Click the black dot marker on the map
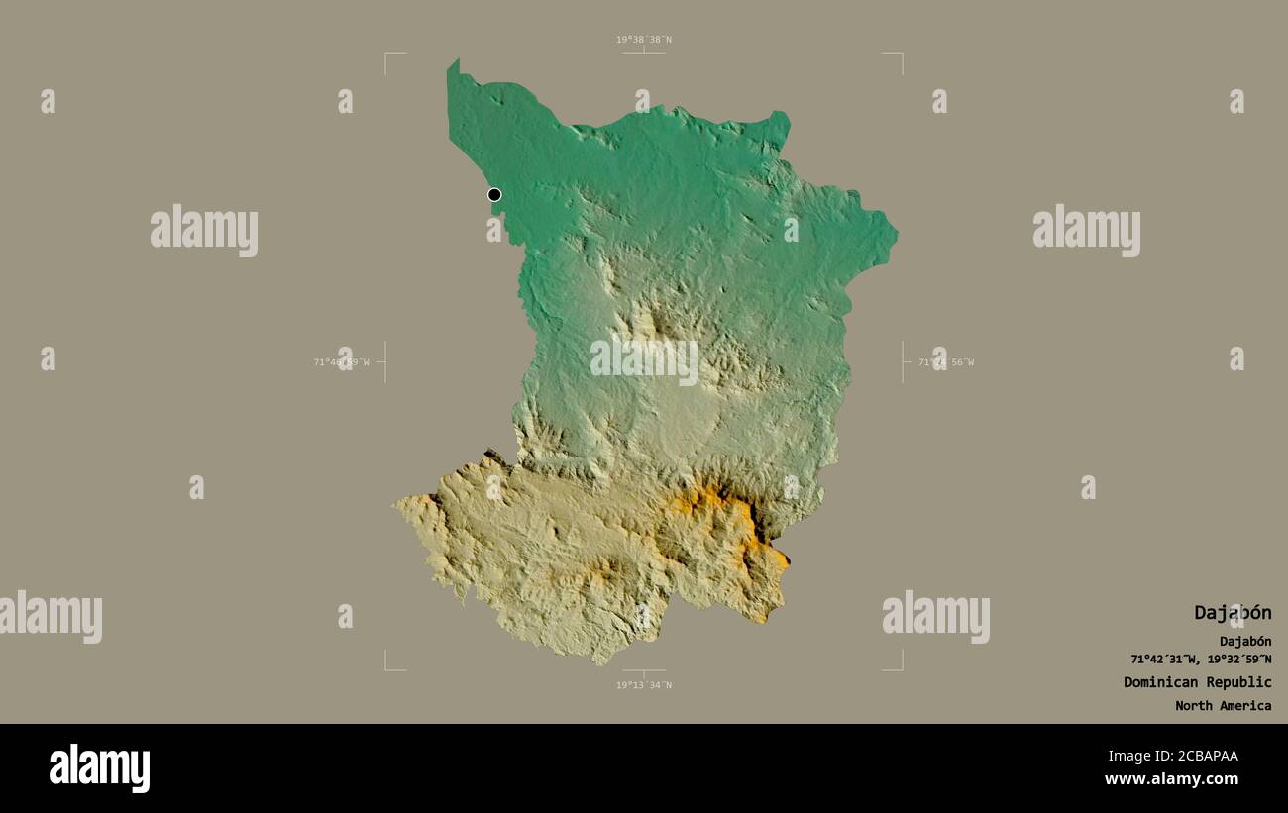pos(494,194)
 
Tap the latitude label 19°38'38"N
pos(643,40)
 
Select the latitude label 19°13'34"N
pos(643,685)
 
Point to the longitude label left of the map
pos(342,362)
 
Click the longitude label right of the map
pos(946,362)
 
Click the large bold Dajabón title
pos(1232,613)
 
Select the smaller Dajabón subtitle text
pos(1245,641)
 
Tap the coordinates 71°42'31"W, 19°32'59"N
pos(1201,660)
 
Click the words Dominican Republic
pos(1197,682)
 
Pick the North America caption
pos(1223,706)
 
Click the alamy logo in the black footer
pos(99,768)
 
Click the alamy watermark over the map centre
pos(644,360)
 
